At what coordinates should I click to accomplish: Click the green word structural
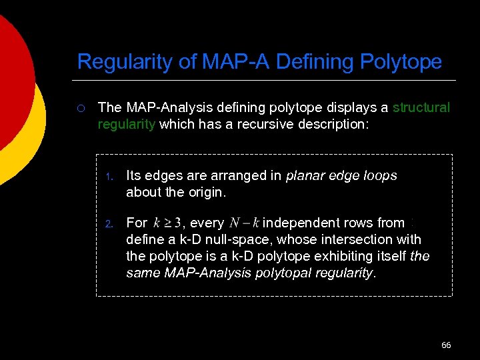tap(421, 107)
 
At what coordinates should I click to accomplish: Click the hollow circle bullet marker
tap(80, 107)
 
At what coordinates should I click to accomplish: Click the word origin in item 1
tap(207, 193)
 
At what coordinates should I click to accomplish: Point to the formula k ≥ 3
tap(167, 223)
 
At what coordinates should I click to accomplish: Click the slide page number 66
tap(446, 345)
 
